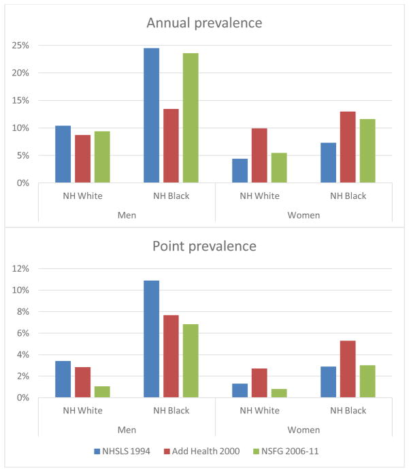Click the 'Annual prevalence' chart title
pos(205,23)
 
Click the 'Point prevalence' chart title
pos(205,245)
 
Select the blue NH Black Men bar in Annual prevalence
pos(151,116)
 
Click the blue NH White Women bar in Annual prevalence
pos(240,171)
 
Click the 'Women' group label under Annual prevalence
pos(304,215)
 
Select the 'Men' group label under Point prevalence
pos(127,430)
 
